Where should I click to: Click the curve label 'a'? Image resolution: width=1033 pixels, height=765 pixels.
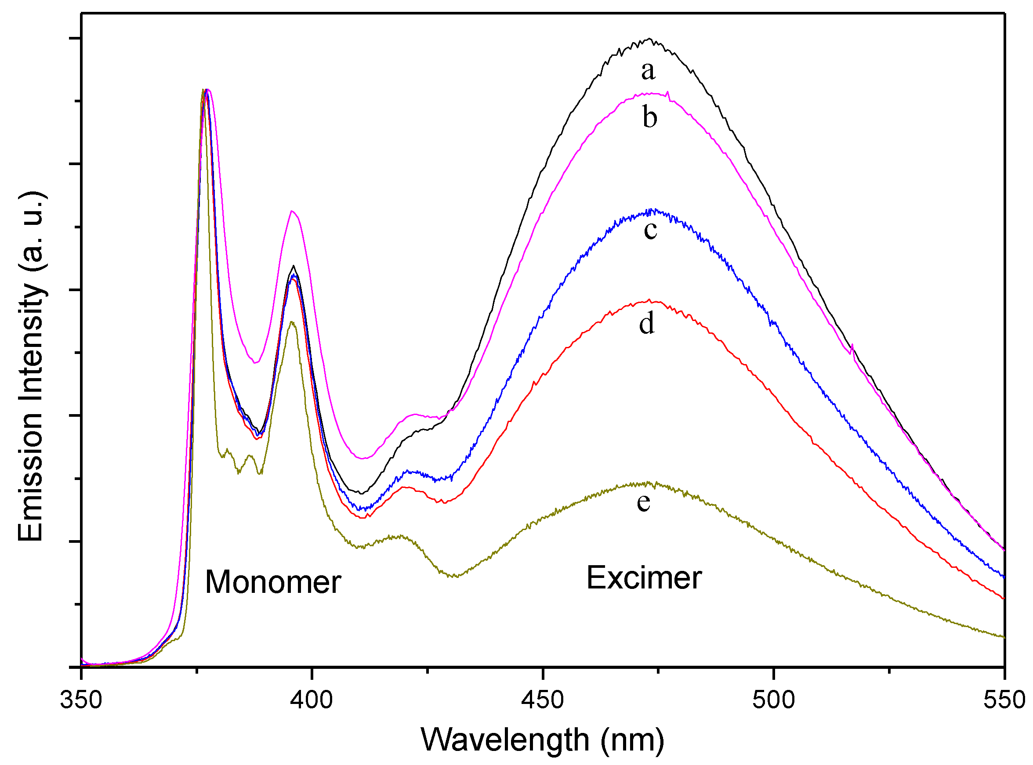(648, 71)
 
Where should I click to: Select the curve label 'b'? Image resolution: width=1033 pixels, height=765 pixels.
(649, 118)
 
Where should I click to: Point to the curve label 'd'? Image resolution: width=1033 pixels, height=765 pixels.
(647, 323)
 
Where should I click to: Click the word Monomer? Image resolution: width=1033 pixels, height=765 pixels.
(273, 582)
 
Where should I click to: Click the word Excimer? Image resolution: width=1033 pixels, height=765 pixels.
(644, 578)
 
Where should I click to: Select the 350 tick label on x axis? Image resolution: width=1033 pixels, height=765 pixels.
(81, 700)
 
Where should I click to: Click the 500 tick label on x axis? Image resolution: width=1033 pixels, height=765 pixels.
(773, 700)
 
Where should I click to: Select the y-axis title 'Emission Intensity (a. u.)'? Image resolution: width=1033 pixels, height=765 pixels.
(32, 366)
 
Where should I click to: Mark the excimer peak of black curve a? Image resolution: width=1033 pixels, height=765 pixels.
(649, 39)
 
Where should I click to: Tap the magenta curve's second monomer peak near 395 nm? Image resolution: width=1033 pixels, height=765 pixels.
(292, 211)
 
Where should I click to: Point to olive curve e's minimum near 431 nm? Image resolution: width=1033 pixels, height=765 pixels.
(456, 577)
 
